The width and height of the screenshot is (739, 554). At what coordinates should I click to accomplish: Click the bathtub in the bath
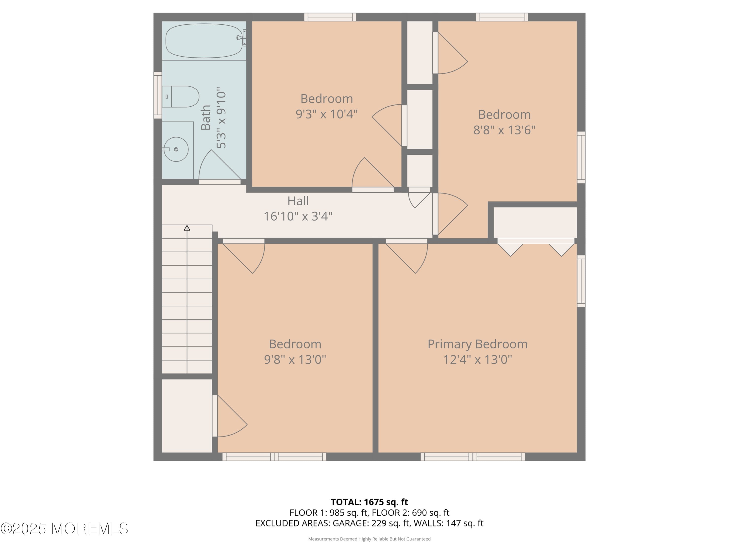click(204, 41)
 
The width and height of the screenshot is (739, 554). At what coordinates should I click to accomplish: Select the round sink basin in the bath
click(176, 149)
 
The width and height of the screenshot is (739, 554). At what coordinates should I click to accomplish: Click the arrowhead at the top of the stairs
click(187, 228)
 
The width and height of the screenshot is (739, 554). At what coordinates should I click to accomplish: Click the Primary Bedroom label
click(477, 344)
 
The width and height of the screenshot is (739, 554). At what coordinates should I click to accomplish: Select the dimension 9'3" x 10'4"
click(326, 114)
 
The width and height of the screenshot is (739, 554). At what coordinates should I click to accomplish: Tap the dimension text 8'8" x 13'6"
click(504, 130)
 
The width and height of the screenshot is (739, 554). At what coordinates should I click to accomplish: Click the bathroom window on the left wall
click(157, 95)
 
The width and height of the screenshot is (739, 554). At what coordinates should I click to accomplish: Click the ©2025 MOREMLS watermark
click(64, 529)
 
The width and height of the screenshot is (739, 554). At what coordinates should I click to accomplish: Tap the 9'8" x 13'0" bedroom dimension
click(295, 360)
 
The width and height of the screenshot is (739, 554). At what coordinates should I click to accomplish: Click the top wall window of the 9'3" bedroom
click(330, 17)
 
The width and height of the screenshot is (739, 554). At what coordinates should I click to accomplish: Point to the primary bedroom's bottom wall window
click(472, 456)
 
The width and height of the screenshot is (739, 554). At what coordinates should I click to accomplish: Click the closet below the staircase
click(187, 416)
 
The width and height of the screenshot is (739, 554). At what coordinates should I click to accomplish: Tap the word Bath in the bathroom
click(206, 117)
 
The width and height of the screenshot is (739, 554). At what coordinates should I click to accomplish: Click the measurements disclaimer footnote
click(369, 539)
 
